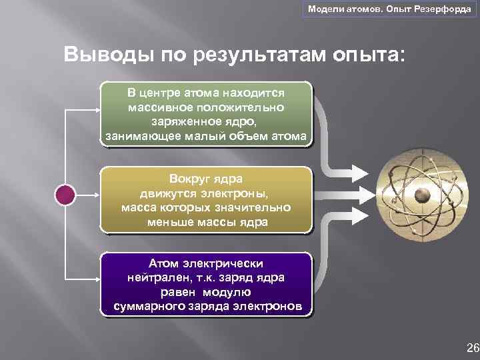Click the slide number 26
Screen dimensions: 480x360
[473, 347]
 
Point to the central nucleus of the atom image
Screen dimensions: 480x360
[421, 195]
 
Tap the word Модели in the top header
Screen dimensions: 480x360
[322, 8]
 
